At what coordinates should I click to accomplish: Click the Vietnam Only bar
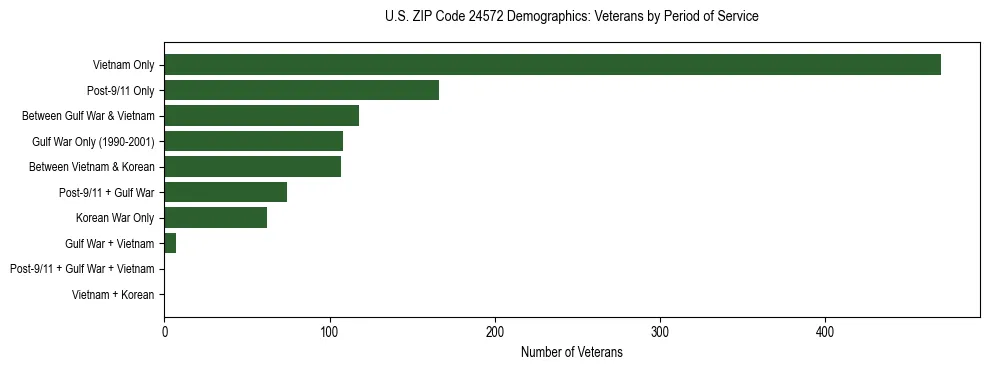552,65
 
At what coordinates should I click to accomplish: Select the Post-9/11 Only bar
301,90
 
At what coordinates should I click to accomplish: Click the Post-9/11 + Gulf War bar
225,192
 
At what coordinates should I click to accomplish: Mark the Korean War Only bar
215,218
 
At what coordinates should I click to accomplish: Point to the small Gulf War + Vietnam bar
170,243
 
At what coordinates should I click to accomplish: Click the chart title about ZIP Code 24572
571,17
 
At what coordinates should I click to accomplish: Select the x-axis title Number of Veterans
571,353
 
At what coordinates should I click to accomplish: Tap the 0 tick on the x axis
165,332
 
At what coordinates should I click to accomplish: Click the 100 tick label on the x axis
330,332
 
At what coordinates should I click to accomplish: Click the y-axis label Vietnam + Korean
113,295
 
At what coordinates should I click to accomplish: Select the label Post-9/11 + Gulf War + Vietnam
82,269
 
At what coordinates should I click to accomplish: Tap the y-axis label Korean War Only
115,218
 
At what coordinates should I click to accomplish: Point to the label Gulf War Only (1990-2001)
93,141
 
